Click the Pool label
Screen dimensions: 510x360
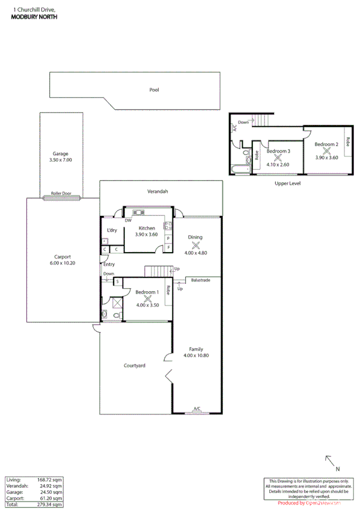click(154, 90)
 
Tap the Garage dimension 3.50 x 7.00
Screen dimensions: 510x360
click(61, 161)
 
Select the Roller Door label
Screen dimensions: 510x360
click(61, 194)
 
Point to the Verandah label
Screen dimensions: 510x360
click(158, 191)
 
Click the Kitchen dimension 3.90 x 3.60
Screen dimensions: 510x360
click(148, 235)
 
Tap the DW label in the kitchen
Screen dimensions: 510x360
click(128, 221)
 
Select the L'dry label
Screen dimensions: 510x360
click(112, 230)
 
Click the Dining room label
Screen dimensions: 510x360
click(195, 237)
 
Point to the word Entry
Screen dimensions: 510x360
click(109, 264)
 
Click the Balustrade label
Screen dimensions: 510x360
click(201, 280)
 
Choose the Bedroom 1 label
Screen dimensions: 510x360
click(147, 292)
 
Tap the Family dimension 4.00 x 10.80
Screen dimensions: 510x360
click(196, 355)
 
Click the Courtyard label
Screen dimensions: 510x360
click(135, 365)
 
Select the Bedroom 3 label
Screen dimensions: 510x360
click(278, 151)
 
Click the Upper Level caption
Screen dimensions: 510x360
click(287, 183)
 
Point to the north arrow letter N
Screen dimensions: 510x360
click(338, 469)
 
